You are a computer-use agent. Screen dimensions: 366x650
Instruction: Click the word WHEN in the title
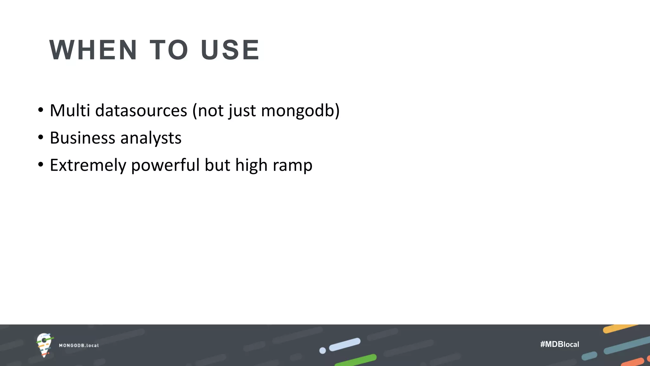pyautogui.click(x=93, y=50)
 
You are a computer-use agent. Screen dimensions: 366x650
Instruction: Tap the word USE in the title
pyautogui.click(x=230, y=50)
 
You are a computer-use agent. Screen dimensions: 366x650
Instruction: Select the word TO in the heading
pyautogui.click(x=169, y=50)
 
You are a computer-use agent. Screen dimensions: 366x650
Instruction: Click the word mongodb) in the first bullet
pyautogui.click(x=300, y=111)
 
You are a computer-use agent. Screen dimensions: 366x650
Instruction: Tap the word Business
pyautogui.click(x=83, y=138)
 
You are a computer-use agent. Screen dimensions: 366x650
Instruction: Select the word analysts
pyautogui.click(x=151, y=138)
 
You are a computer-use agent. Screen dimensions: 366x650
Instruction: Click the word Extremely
pyautogui.click(x=88, y=165)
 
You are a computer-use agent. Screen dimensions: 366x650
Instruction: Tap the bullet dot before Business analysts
pyautogui.click(x=40, y=138)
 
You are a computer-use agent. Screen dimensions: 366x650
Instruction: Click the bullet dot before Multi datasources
pyautogui.click(x=40, y=110)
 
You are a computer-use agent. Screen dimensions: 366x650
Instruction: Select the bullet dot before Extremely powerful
pyautogui.click(x=40, y=165)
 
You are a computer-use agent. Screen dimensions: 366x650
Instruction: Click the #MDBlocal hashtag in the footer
pyautogui.click(x=560, y=344)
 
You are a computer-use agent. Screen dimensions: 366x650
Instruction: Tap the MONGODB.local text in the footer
pyautogui.click(x=79, y=345)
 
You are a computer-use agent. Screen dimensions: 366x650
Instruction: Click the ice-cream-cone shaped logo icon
pyautogui.click(x=44, y=345)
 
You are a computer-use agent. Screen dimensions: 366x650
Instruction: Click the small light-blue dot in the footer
pyautogui.click(x=322, y=350)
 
